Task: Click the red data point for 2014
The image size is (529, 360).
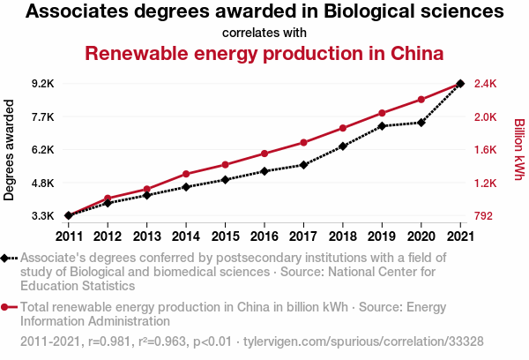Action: pyautogui.click(x=186, y=174)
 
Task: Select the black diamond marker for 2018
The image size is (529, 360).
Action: pyautogui.click(x=342, y=146)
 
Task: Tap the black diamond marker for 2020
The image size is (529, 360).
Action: pyautogui.click(x=421, y=123)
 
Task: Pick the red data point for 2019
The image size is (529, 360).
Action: pyautogui.click(x=382, y=113)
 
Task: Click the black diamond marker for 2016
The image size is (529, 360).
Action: pyautogui.click(x=264, y=171)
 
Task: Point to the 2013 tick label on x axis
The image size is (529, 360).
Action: pyautogui.click(x=146, y=236)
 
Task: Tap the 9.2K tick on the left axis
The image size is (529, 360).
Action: pyautogui.click(x=42, y=84)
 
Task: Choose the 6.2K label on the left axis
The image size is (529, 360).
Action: pyautogui.click(x=42, y=150)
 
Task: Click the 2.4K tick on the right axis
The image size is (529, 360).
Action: pyautogui.click(x=488, y=84)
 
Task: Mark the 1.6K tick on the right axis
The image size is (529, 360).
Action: pyautogui.click(x=488, y=150)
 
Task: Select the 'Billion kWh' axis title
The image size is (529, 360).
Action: pyautogui.click(x=519, y=150)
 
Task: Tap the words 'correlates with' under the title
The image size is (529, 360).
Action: pyautogui.click(x=264, y=33)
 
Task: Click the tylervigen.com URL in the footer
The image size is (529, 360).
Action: pyautogui.click(x=363, y=341)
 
